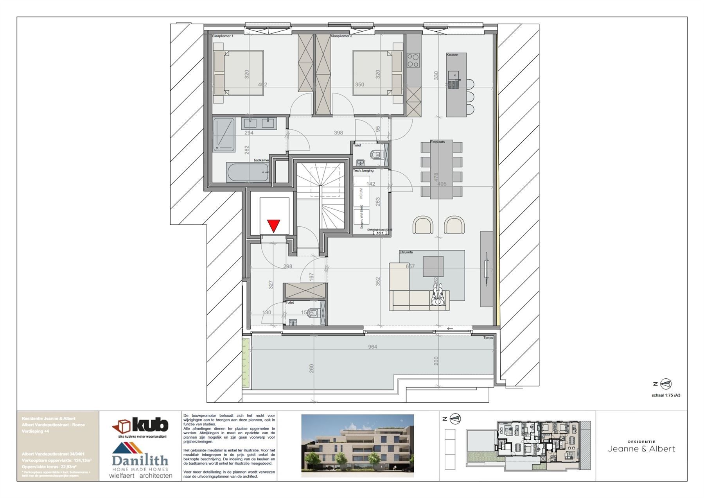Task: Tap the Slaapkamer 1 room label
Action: (223, 36)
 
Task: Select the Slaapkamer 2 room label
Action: (341, 36)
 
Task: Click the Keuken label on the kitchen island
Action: (452, 55)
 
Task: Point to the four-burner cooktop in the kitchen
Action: (413, 61)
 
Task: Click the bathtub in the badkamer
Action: (248, 172)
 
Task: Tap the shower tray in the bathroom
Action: (224, 135)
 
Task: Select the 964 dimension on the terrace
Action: (372, 347)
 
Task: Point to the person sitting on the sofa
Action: (438, 296)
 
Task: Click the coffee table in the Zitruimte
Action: (433, 266)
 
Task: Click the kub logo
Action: (141, 425)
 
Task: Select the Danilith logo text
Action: (140, 460)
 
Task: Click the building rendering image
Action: (357, 446)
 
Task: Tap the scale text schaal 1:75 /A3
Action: (666, 395)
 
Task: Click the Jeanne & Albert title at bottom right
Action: (641, 449)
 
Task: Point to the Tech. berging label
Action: (363, 170)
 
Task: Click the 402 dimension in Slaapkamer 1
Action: (262, 85)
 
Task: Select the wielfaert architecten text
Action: (141, 476)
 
